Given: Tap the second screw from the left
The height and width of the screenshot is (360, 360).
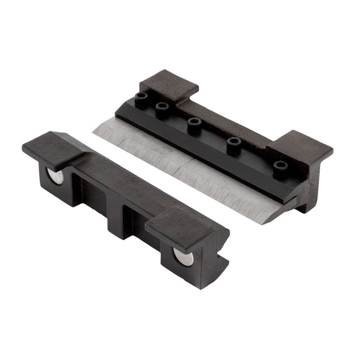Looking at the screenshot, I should [x=163, y=108].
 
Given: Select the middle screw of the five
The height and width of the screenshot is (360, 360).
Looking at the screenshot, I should [x=195, y=122].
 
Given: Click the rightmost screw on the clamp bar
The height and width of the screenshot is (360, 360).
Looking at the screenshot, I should [x=281, y=166].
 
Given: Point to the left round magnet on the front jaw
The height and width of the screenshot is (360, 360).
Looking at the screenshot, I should [x=54, y=175].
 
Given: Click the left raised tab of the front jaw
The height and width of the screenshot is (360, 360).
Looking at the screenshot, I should [x=53, y=145].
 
